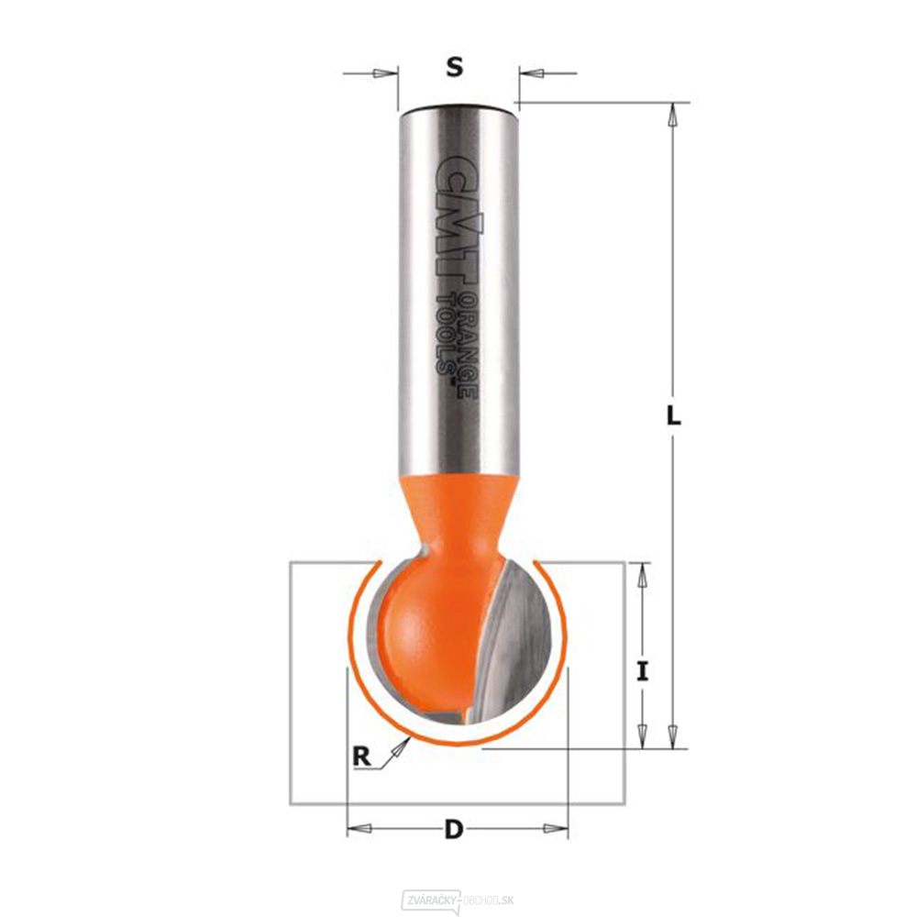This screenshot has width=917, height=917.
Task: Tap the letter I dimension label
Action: point(643,672)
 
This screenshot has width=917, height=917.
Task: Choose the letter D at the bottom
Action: point(453,831)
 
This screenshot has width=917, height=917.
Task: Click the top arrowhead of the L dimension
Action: point(673,114)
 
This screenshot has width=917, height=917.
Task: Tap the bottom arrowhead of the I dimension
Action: point(643,736)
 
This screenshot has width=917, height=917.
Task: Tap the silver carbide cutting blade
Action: point(518,642)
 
